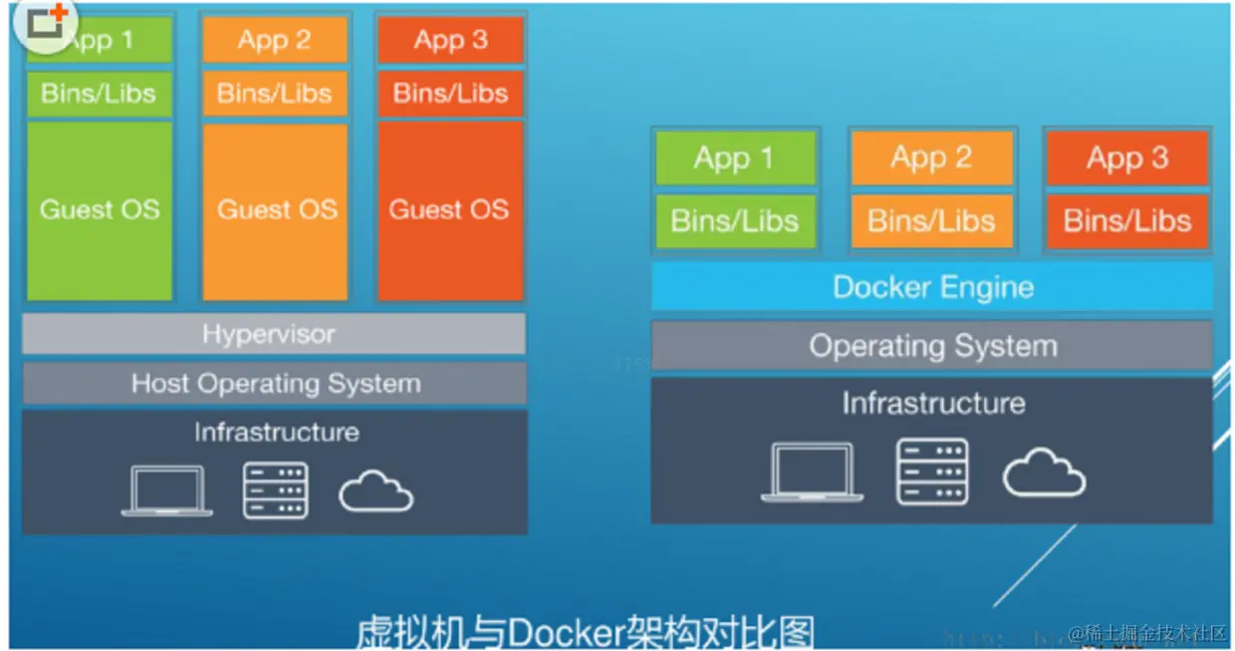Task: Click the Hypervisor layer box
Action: [x=273, y=334]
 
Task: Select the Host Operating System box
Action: [x=275, y=384]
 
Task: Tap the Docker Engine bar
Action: [x=932, y=288]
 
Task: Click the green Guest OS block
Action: [x=100, y=210]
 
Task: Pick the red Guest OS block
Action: [x=449, y=210]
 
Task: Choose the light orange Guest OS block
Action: [x=276, y=210]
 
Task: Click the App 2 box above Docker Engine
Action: [x=931, y=158]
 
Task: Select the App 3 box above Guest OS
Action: [x=450, y=41]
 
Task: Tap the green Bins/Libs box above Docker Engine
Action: [x=735, y=220]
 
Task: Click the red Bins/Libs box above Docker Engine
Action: [x=1126, y=220]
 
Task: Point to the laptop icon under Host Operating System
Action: [x=166, y=490]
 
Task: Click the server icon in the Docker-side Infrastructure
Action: [x=932, y=471]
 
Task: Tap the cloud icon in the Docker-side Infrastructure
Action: [x=1043, y=473]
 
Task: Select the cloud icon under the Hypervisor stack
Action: [x=375, y=490]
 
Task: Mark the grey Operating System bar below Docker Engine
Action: [x=932, y=346]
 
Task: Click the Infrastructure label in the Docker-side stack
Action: [x=932, y=403]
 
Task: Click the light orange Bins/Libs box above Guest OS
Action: [x=275, y=94]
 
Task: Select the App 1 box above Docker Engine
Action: [x=735, y=158]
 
